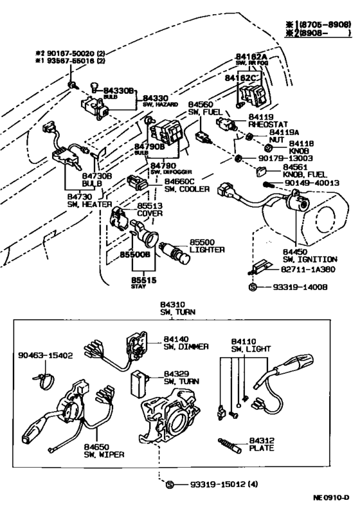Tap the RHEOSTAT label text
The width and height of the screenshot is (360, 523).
pos(268,126)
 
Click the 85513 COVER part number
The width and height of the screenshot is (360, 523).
pos(150,205)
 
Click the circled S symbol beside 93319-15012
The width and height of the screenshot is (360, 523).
pos(170,484)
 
